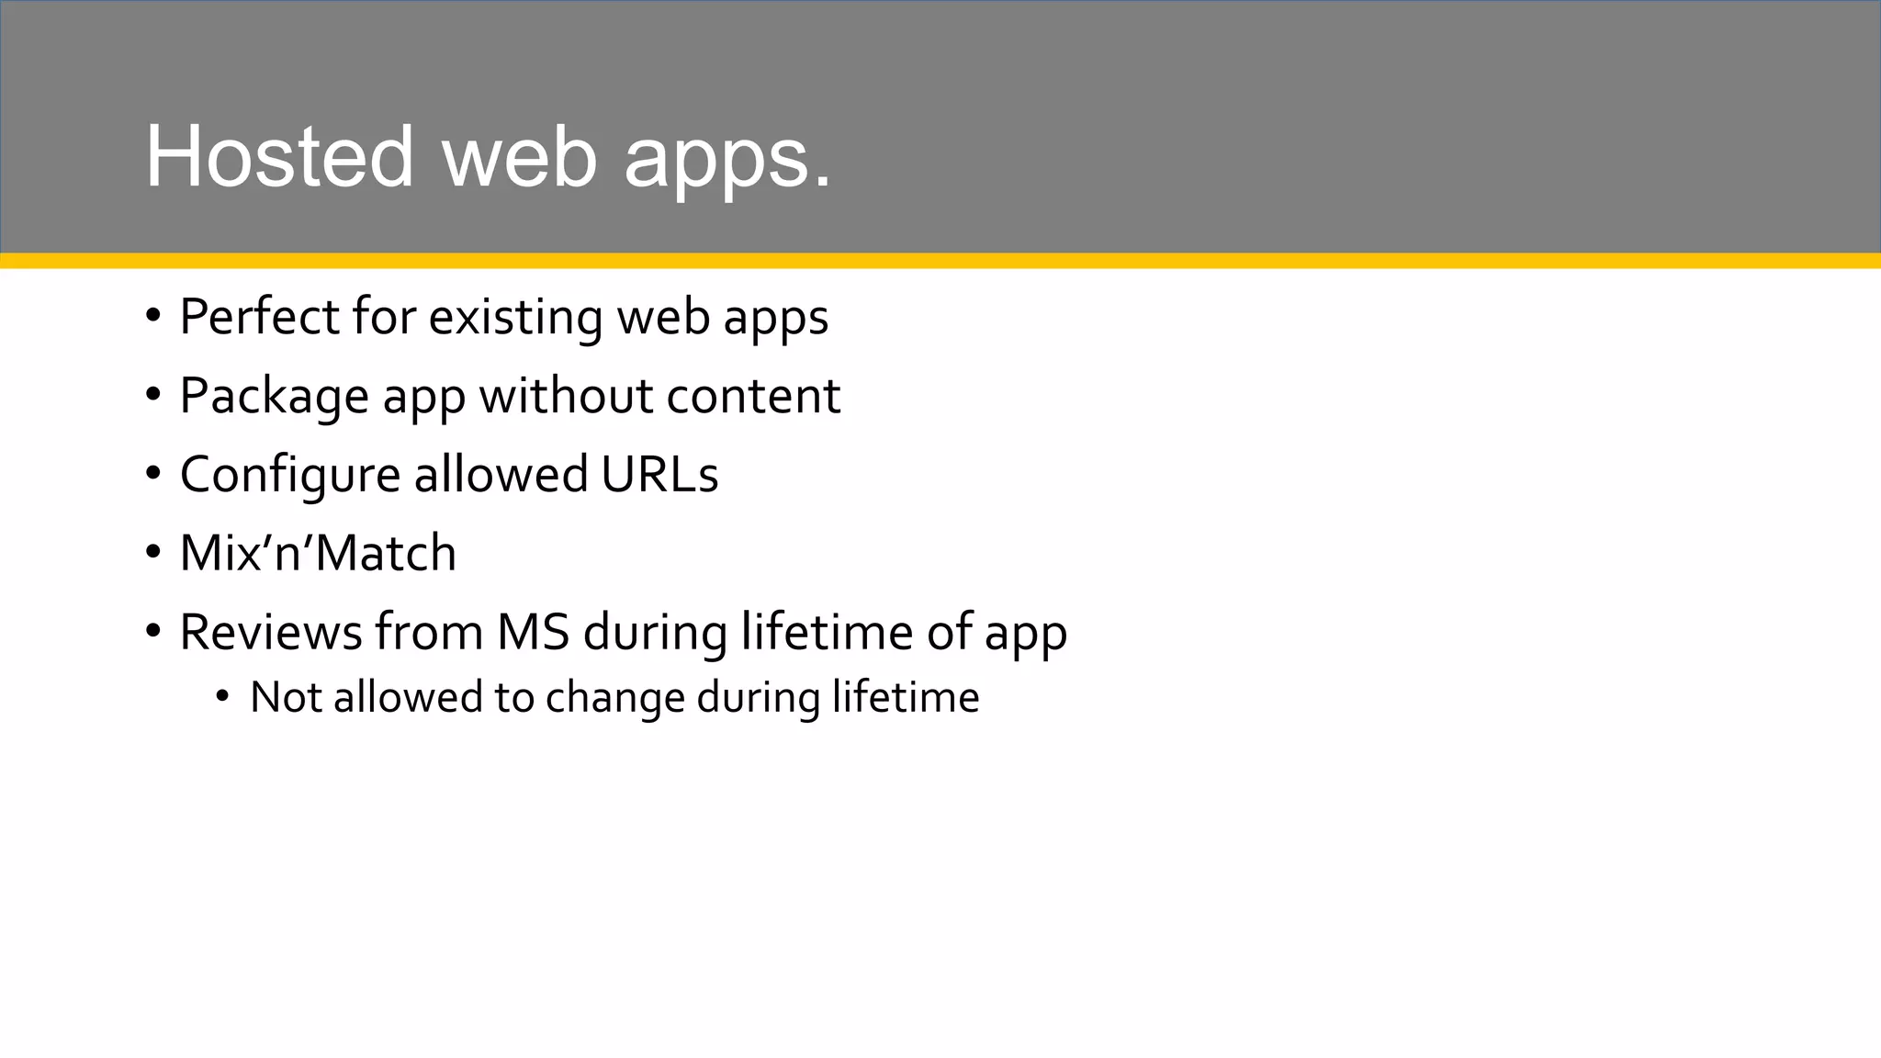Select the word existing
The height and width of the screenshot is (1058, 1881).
[x=515, y=317]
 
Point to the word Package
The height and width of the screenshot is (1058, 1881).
[x=273, y=396]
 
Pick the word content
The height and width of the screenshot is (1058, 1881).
[x=753, y=396]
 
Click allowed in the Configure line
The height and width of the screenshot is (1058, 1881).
[x=501, y=475]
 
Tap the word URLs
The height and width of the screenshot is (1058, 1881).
[x=659, y=475]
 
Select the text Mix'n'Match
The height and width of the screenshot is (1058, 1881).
[x=318, y=553]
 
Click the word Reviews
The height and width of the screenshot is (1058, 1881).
[x=271, y=632]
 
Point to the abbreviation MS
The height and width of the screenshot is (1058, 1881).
[x=533, y=632]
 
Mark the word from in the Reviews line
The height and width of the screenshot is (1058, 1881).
[x=428, y=632]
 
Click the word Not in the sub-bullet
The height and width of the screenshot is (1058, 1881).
[x=285, y=696]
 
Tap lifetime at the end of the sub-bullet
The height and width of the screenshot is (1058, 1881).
[x=906, y=696]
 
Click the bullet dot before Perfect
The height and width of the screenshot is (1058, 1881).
[x=152, y=317]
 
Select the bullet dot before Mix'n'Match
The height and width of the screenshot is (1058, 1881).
[x=152, y=553]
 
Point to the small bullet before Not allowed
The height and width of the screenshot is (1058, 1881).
[x=222, y=697]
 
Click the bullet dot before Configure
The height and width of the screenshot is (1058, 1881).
[x=152, y=475]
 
